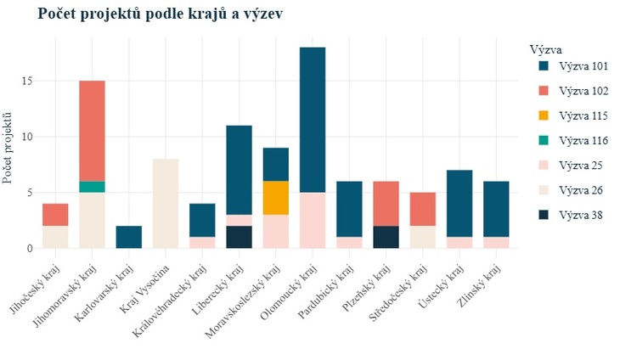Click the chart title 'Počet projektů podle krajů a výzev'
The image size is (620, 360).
pyautogui.click(x=161, y=14)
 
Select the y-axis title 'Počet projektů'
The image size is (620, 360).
pyautogui.click(x=7, y=149)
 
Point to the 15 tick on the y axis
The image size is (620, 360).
pyautogui.click(x=27, y=81)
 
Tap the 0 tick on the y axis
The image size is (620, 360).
pyautogui.click(x=30, y=249)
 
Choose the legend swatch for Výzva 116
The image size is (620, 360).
pyautogui.click(x=544, y=140)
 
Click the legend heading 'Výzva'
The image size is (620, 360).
pyautogui.click(x=545, y=50)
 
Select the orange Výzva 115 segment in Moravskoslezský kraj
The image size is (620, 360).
pyautogui.click(x=276, y=198)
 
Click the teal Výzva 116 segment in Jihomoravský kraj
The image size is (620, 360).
pyautogui.click(x=92, y=187)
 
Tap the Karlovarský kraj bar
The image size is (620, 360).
pyautogui.click(x=129, y=237)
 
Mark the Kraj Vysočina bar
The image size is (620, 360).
pyautogui.click(x=166, y=204)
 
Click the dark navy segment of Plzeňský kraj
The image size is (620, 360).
pyautogui.click(x=386, y=237)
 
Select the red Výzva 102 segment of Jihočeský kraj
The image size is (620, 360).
pyautogui.click(x=55, y=215)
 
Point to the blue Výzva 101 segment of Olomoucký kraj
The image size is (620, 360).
pyautogui.click(x=313, y=120)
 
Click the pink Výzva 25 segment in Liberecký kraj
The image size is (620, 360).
pyautogui.click(x=240, y=221)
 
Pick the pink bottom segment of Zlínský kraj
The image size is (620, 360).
pyautogui.click(x=496, y=243)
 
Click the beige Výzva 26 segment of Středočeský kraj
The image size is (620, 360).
pyautogui.click(x=423, y=237)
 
